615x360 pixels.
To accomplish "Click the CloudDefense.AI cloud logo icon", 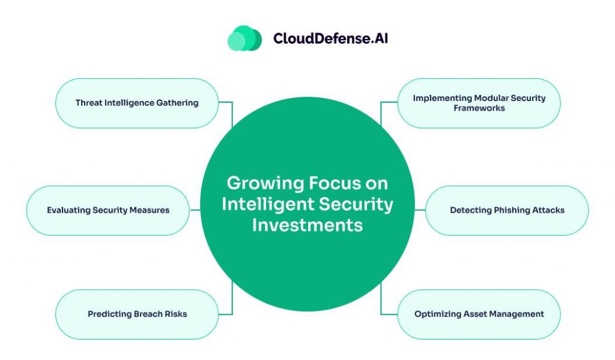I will (x=244, y=38).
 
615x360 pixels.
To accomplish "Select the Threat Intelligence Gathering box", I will (x=136, y=103).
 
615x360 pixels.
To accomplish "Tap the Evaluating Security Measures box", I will (x=108, y=210).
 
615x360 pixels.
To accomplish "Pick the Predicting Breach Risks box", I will (x=136, y=314).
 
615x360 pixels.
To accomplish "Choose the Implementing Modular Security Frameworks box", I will (x=479, y=103).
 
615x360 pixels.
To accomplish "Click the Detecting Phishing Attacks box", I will (x=507, y=210).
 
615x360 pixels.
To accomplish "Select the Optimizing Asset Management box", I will (x=479, y=314).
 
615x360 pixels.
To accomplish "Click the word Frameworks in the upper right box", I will (x=479, y=108).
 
